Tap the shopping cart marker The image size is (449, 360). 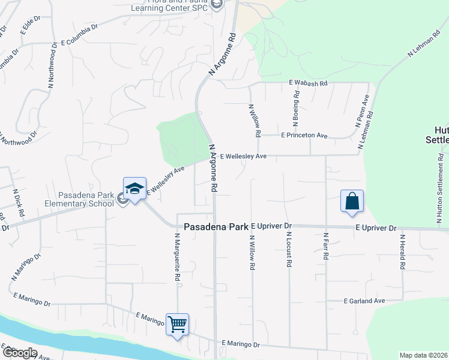click(178, 325)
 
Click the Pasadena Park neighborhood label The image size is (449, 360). click(215, 227)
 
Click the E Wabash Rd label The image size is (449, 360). click(309, 83)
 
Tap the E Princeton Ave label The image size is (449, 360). click(304, 136)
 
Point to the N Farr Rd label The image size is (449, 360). click(325, 246)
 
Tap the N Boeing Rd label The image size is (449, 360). click(296, 109)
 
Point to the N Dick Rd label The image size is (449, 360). click(19, 203)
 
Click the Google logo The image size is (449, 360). click(20, 353)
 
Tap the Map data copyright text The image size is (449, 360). click(423, 355)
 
